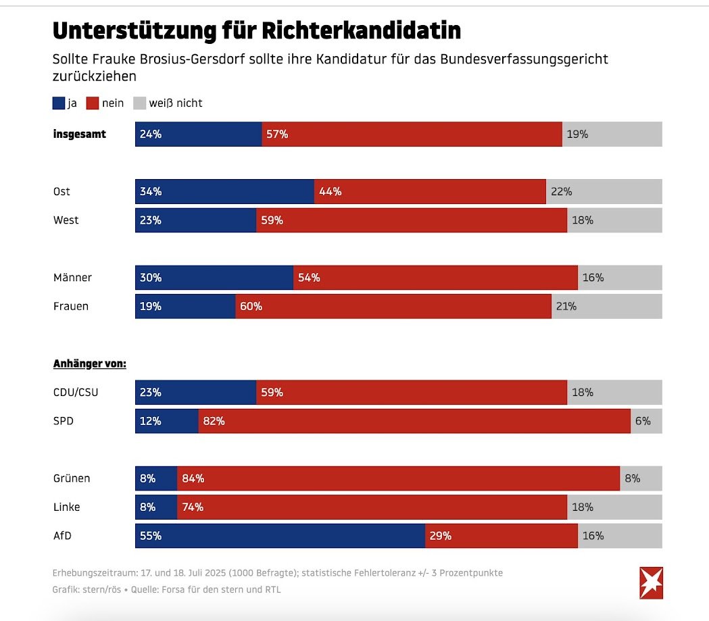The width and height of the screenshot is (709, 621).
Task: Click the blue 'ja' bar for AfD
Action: point(280,536)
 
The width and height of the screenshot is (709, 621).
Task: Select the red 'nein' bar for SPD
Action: point(414,421)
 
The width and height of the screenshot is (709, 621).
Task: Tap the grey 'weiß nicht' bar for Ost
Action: point(604,191)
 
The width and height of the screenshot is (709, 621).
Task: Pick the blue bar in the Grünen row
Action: point(156,478)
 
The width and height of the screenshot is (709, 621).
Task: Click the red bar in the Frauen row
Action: point(393,306)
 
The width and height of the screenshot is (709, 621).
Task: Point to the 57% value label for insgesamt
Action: point(277,134)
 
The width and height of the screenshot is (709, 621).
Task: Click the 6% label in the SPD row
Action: point(643,421)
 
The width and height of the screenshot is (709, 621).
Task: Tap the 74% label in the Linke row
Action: point(193,507)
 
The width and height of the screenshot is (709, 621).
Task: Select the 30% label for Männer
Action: point(151,277)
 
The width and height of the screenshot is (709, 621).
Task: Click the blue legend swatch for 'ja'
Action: point(59,103)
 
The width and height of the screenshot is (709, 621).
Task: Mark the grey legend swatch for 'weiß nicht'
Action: point(139,103)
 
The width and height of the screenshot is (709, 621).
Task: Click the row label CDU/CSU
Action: point(76,392)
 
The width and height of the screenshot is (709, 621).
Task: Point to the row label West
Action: point(66,220)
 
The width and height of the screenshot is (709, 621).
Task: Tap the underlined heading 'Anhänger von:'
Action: point(90,364)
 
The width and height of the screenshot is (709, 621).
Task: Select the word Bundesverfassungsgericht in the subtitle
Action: point(524,59)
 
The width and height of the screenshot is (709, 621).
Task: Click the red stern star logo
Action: point(652,582)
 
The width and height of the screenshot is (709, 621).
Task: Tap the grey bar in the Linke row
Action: point(614,507)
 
